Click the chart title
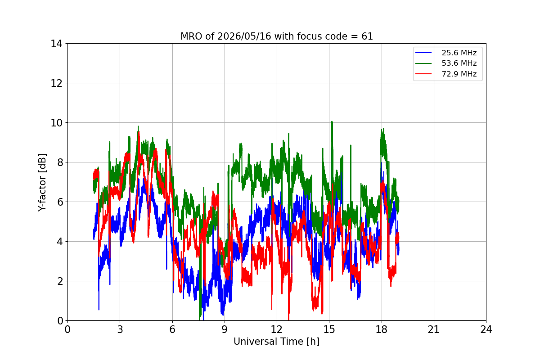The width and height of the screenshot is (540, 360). (x=276, y=36)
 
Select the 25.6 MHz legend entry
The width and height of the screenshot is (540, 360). (x=446, y=53)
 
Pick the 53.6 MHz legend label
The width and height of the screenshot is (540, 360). (x=459, y=63)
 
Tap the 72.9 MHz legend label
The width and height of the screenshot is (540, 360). (x=459, y=74)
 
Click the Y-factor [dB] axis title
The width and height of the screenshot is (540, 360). (x=42, y=183)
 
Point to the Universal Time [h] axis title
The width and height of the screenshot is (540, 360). (x=276, y=342)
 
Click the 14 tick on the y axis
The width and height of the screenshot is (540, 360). (x=56, y=44)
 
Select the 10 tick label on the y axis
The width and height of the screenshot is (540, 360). (x=56, y=123)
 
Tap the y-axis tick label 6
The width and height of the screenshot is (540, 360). (x=60, y=202)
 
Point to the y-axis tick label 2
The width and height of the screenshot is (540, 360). (x=60, y=281)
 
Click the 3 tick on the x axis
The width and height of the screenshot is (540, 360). (x=120, y=329)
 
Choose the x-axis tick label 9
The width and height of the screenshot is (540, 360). (x=225, y=329)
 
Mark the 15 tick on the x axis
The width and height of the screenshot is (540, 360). (x=329, y=329)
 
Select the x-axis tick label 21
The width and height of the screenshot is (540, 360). (x=434, y=329)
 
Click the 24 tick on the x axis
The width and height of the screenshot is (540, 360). (x=486, y=329)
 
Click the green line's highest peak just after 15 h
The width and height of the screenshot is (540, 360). (x=332, y=122)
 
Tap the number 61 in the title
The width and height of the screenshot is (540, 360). (x=367, y=36)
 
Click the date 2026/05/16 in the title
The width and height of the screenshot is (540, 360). (x=244, y=36)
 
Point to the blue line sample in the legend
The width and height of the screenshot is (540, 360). (x=423, y=53)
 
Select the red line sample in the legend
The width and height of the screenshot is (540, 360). (x=423, y=74)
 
